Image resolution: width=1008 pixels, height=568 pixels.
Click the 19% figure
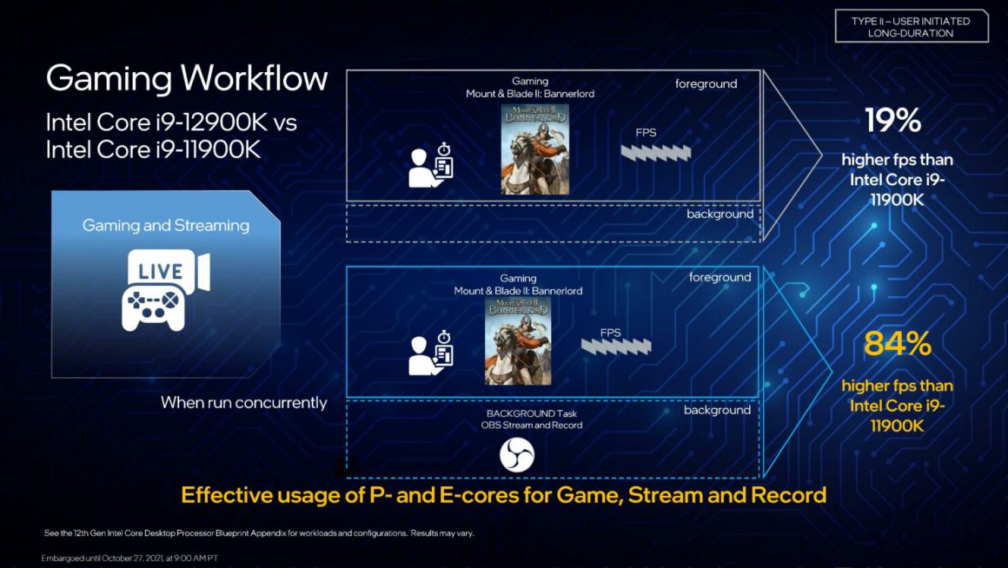point(892,121)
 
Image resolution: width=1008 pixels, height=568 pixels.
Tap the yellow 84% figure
point(898,345)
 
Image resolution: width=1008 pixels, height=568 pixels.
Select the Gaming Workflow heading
point(187,79)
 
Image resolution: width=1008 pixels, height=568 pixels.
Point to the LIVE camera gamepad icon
point(165,289)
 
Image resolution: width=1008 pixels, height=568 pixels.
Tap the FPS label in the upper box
point(647,134)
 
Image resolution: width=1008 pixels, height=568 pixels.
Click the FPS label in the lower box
point(611,333)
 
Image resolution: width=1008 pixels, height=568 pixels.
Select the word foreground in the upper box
point(706,84)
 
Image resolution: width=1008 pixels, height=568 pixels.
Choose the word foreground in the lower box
point(720,278)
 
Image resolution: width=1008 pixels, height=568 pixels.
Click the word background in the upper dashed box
point(720,214)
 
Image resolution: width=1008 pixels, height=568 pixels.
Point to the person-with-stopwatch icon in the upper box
point(432,165)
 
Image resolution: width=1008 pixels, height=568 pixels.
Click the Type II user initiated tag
point(911,27)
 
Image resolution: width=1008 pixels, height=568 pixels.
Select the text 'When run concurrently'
point(244,403)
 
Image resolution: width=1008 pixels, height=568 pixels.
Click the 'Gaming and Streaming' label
point(166,226)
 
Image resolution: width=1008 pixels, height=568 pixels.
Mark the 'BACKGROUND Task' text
point(532,413)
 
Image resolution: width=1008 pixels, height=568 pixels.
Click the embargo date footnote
point(129,558)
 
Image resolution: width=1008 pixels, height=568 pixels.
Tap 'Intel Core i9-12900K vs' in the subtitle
point(171,122)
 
